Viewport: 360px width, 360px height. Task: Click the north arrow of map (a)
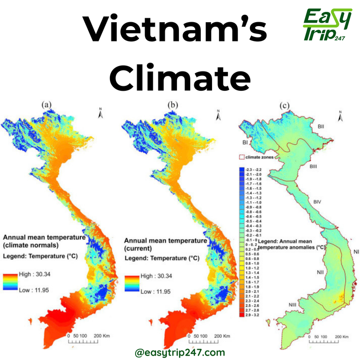100,113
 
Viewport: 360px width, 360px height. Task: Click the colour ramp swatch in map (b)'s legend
132,284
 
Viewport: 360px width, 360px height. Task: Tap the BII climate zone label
321,127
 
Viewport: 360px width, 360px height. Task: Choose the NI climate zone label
356,252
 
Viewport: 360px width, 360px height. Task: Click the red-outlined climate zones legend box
242,157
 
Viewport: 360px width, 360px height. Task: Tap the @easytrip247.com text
180,352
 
